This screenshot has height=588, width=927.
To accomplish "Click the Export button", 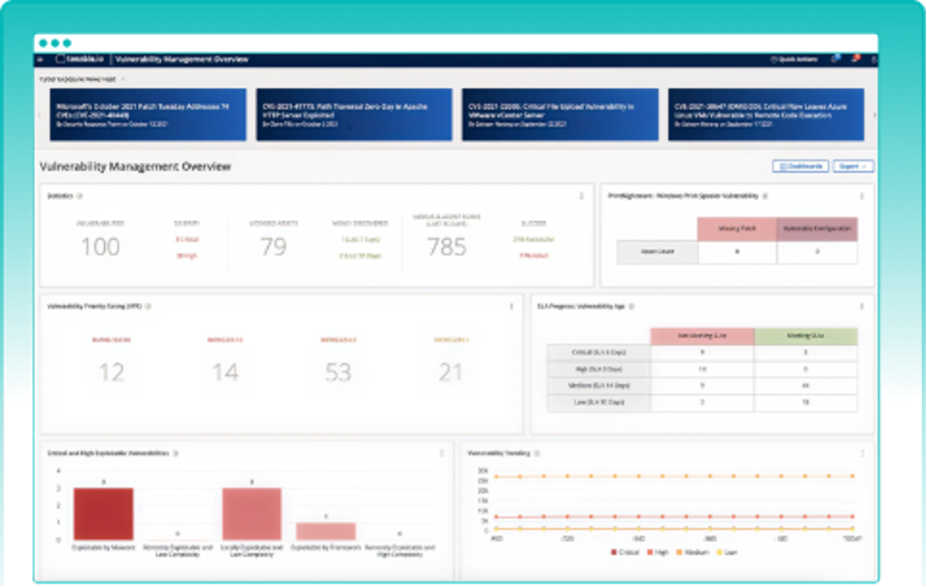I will [852, 167].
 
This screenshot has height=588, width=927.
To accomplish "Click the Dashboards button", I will [800, 167].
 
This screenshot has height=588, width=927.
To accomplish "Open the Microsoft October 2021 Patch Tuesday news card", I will [148, 114].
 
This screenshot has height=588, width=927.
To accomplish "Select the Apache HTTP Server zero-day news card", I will [354, 114].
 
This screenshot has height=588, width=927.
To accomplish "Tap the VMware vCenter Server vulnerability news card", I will [560, 114].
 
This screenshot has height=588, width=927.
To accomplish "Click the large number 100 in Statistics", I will [100, 247].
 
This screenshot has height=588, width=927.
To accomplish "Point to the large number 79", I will [273, 247].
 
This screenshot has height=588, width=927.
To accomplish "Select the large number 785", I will [447, 247].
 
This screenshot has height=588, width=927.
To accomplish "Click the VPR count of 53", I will [338, 372].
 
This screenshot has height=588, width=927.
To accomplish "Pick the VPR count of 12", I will [111, 372].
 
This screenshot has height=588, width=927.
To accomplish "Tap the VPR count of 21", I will [450, 372].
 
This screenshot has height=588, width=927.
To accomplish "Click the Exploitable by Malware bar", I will [103, 514].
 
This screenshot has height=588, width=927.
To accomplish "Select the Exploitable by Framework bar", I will [326, 531].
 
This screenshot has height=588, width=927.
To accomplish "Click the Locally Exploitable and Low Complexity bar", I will [252, 514].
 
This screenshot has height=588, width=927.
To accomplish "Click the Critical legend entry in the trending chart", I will [625, 552].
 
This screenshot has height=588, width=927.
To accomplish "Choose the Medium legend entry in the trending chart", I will [692, 552].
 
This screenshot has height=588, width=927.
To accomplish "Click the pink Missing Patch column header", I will [737, 229].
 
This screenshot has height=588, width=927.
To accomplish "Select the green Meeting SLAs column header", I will [805, 336].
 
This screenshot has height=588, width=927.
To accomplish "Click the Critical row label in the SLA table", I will [599, 353].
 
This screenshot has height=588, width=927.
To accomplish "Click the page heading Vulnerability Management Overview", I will [135, 167].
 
